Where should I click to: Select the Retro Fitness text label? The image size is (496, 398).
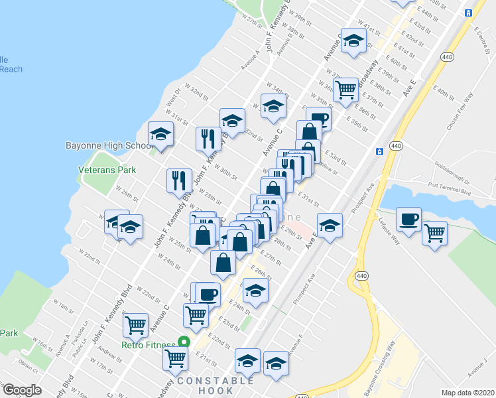pos(149,344)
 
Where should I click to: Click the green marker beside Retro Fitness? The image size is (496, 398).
pos(185,343)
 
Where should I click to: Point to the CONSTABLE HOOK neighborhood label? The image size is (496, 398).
pos(216,385)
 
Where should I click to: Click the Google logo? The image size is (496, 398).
pos(22,390)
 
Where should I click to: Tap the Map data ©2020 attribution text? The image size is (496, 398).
pos(467,393)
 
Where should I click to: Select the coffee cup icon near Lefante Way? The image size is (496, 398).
pos(408,219)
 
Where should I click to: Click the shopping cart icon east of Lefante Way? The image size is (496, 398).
pos(434,232)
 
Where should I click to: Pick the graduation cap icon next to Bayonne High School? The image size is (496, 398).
pos(160,133)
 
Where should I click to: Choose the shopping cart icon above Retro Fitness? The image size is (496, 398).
pos(136,324)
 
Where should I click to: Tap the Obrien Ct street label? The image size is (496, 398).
pos(29,367)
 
